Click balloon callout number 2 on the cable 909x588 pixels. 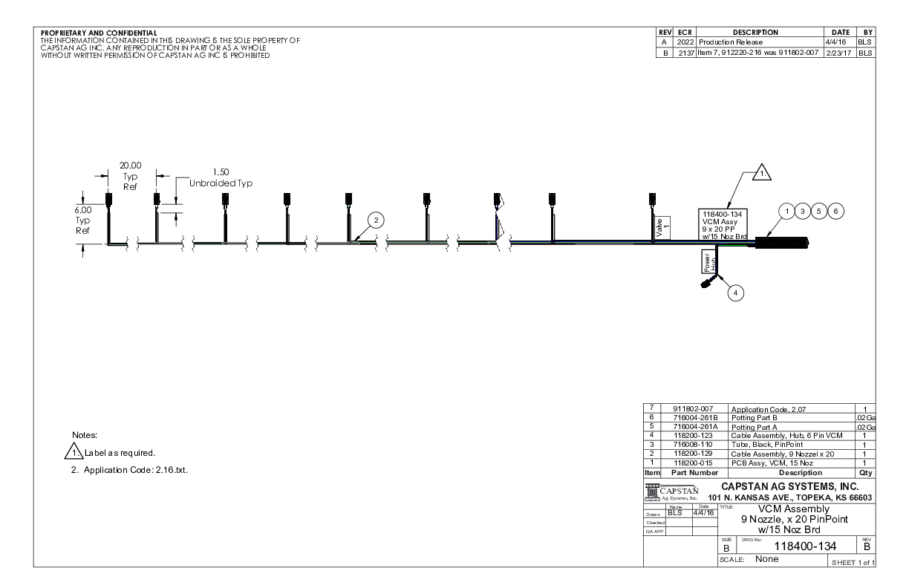(x=376, y=220)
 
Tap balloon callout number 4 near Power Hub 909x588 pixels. (x=735, y=293)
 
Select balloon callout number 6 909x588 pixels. (x=836, y=212)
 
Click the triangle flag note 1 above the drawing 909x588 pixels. (x=762, y=174)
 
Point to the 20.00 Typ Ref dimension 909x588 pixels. (x=131, y=176)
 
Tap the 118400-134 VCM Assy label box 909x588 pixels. (x=724, y=226)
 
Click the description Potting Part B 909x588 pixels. (x=762, y=419)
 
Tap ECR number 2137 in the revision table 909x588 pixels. (x=683, y=53)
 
